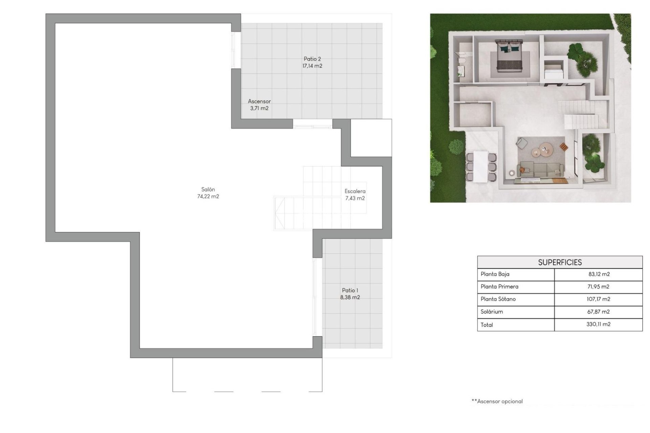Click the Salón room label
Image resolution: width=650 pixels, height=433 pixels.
(x=208, y=189)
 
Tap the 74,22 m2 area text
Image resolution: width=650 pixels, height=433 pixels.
(x=208, y=197)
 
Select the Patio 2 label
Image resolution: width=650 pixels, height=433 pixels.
(x=312, y=59)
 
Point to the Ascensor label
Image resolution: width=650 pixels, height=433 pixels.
(x=259, y=101)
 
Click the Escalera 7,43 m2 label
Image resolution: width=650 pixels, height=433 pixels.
(x=355, y=195)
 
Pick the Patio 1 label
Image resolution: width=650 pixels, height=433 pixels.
(x=350, y=290)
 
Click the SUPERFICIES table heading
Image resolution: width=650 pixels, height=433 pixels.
(x=560, y=263)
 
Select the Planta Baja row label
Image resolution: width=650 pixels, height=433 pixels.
(x=495, y=274)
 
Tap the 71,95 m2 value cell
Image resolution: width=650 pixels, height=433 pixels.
(x=598, y=287)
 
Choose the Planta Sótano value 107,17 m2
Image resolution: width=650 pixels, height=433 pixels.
(x=598, y=299)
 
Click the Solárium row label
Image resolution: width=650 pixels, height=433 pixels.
(x=492, y=312)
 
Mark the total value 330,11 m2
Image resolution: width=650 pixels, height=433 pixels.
(x=598, y=324)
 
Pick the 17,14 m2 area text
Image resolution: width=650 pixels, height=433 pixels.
(x=312, y=66)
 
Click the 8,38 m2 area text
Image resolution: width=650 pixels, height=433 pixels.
(x=350, y=297)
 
